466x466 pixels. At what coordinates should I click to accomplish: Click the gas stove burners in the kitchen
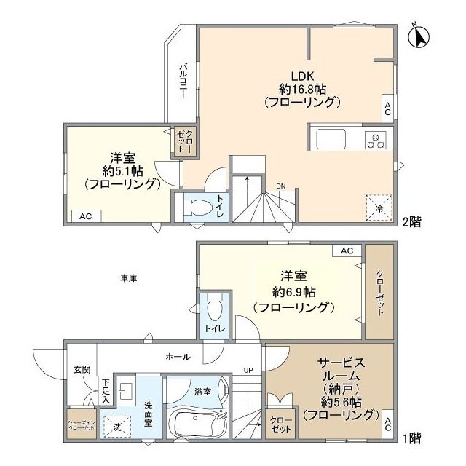coord(376,138)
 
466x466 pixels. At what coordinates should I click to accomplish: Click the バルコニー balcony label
coord(183,82)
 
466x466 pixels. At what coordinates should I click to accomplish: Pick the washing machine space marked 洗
coord(116,426)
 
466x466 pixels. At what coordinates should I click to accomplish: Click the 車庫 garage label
coord(130,277)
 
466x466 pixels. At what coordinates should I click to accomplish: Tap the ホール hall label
coord(178,357)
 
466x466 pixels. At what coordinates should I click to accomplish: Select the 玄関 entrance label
coord(82,370)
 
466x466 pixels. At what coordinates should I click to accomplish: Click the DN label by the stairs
coord(280,186)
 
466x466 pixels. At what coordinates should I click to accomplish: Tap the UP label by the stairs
coord(248,371)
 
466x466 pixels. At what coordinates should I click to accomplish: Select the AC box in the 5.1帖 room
coord(86,216)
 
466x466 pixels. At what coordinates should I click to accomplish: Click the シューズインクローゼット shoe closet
coord(80,426)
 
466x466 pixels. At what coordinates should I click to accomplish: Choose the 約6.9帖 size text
coord(293,292)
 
